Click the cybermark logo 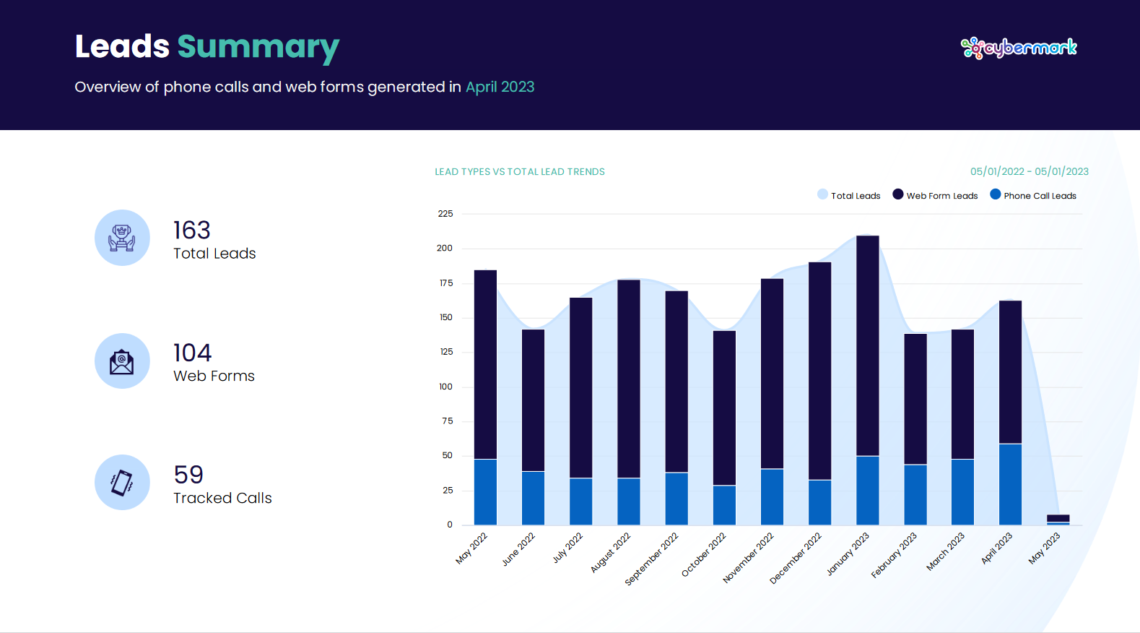1018,48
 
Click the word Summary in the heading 258,47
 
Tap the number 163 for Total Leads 192,231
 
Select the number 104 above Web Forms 192,353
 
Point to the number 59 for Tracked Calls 188,475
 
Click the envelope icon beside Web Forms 122,361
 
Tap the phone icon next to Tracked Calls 122,483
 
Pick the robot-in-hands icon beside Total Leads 122,238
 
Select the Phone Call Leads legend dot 996,194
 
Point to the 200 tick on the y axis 445,248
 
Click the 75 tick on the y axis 448,421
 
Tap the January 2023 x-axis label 848,554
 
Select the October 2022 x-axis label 704,555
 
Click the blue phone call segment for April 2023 1010,484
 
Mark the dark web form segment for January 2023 867,345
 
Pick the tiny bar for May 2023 1058,519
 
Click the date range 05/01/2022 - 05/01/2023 1029,171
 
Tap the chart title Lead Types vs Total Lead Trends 520,172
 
